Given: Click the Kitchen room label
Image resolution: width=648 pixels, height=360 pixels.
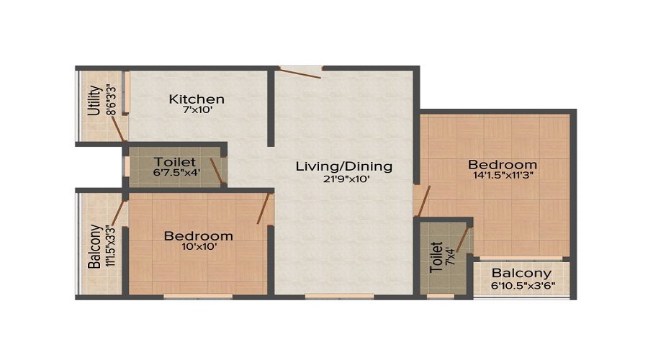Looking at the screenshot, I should point(197,99).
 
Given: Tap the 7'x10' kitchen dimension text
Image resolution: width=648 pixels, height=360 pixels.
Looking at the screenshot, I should point(197,112).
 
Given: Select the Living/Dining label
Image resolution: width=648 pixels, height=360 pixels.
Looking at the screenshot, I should point(344,166).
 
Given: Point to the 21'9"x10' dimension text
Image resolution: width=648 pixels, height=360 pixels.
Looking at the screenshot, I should point(344,180).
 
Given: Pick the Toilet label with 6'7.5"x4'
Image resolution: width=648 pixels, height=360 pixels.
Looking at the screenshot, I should point(174,161).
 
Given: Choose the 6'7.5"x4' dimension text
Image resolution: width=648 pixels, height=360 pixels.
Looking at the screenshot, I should point(174,174).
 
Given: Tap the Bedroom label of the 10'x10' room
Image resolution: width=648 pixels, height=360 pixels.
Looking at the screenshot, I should point(198,235).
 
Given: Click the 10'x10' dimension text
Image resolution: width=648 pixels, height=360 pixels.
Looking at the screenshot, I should point(198,247).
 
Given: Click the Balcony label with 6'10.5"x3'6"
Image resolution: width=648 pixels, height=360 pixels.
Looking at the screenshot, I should point(522,273).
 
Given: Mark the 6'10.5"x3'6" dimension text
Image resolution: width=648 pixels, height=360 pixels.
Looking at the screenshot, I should point(522,286).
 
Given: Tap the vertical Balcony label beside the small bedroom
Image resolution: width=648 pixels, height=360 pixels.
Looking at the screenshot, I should point(94,247).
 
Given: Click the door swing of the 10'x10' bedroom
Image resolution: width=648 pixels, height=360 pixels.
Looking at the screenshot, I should point(264,207).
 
